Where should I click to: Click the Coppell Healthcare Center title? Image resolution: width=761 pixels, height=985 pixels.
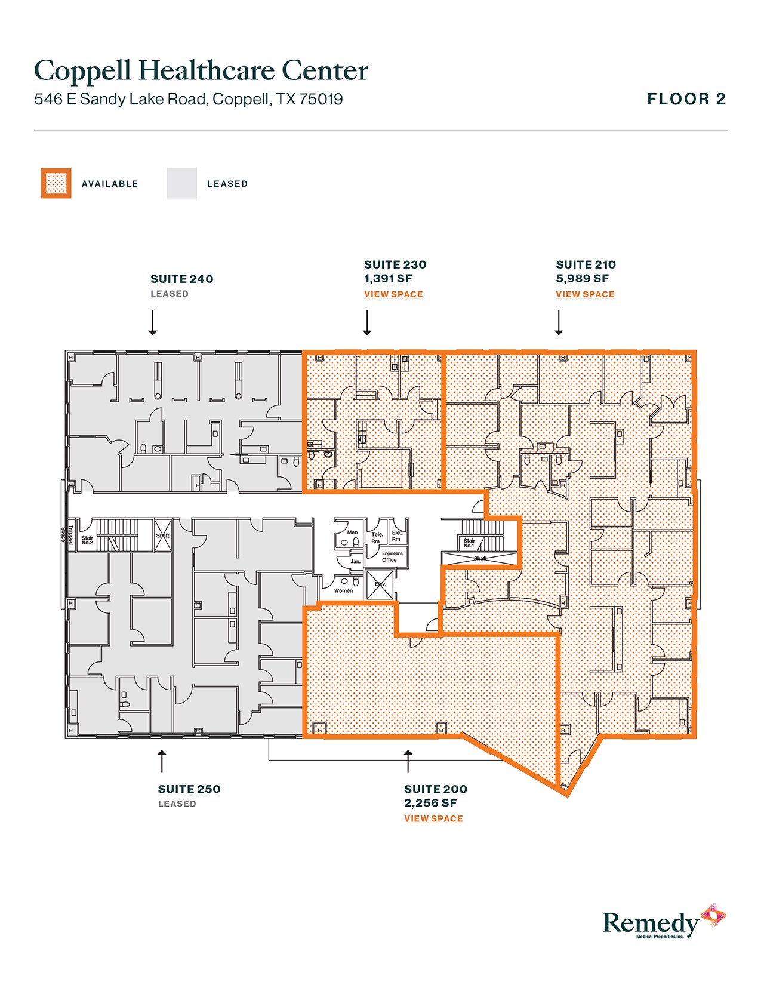click(201, 71)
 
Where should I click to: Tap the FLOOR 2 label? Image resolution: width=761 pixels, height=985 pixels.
click(686, 99)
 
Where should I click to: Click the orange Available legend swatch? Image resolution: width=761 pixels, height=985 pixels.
click(56, 183)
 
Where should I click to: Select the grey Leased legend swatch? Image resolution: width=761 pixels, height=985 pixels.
click(181, 183)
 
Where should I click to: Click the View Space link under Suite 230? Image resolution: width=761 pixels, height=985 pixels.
click(393, 294)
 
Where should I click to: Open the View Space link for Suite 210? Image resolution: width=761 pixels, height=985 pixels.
click(585, 294)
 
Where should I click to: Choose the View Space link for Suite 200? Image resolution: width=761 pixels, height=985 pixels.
click(433, 818)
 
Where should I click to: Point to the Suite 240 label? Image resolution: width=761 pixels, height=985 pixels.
click(181, 279)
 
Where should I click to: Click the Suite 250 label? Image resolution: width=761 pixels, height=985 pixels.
click(189, 789)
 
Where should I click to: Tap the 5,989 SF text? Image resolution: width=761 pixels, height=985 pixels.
click(582, 278)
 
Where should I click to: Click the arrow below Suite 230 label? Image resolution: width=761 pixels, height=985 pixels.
click(367, 322)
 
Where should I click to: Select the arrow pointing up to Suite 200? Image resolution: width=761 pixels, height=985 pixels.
click(408, 761)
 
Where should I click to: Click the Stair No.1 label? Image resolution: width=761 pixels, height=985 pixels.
click(469, 543)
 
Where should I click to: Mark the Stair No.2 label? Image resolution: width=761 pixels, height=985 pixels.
click(87, 540)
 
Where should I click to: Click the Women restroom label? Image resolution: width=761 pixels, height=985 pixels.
click(343, 590)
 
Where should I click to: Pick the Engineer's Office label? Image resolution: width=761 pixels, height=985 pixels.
click(392, 556)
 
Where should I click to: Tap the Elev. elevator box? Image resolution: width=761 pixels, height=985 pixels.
click(380, 584)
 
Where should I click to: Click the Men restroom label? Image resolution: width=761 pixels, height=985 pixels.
click(352, 532)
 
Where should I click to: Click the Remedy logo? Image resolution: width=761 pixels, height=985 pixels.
click(663, 923)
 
